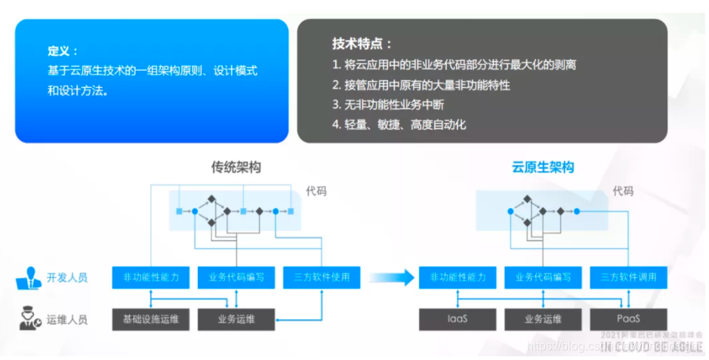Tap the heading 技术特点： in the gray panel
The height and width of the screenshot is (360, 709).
[362, 44]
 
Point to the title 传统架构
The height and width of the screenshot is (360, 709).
[236, 168]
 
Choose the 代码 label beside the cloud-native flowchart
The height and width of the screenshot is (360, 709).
[623, 191]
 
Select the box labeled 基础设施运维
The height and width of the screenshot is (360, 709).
[150, 319]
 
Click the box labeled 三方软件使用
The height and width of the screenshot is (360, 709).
[322, 277]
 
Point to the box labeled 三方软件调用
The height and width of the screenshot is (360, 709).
[629, 277]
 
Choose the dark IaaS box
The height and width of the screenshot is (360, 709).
[458, 319]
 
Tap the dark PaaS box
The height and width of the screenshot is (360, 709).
[629, 319]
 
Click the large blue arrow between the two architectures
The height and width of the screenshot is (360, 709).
[396, 277]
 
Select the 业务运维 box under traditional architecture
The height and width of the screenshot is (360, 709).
[236, 319]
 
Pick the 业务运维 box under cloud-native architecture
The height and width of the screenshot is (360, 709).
[543, 319]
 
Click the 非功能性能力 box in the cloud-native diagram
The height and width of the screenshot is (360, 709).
[458, 277]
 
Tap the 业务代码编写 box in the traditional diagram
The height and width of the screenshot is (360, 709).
[236, 277]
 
